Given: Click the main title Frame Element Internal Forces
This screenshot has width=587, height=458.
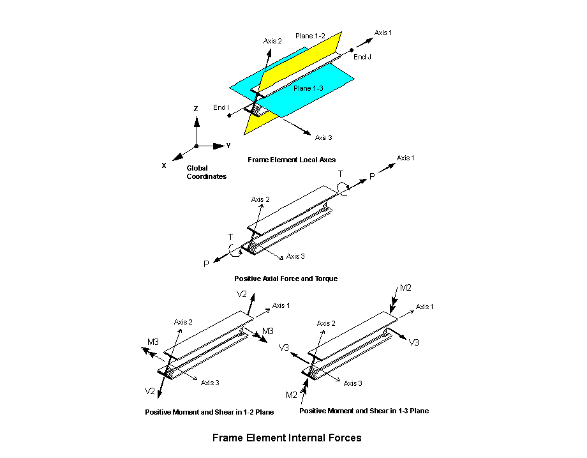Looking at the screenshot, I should coord(286,438).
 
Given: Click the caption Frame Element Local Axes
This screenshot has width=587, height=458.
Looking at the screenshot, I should coord(291,159).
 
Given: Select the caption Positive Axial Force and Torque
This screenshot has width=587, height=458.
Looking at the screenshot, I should coord(286,279).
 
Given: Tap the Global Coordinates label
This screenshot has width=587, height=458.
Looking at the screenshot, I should coord(206,172).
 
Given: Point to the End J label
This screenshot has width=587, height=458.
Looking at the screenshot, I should coord(362,57).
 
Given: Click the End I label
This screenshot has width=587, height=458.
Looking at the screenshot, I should coord(221,107).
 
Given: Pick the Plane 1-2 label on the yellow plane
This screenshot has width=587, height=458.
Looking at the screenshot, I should coord(313,36).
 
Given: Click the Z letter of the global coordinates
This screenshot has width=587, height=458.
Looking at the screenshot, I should coord(196,109).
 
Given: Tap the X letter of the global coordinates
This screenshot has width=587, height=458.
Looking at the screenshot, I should coord(164,165).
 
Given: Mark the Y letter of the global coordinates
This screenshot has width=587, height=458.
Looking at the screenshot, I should coord(228,146).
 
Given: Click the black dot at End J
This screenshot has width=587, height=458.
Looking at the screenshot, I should coord(351,49).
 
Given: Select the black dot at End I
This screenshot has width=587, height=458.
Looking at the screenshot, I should coord(229,116).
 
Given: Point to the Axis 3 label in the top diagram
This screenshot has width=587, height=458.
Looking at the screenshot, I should coord(323,137).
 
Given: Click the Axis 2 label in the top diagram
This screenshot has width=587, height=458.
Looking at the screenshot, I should coord(272,41).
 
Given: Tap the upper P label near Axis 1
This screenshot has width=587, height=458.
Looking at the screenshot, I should coord(373,176).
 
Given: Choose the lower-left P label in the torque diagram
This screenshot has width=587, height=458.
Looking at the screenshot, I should coord(206,263).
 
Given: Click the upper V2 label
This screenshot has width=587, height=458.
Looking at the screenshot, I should coord(242,294).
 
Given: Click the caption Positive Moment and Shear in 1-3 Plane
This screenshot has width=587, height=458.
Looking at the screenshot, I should coord(364,411).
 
